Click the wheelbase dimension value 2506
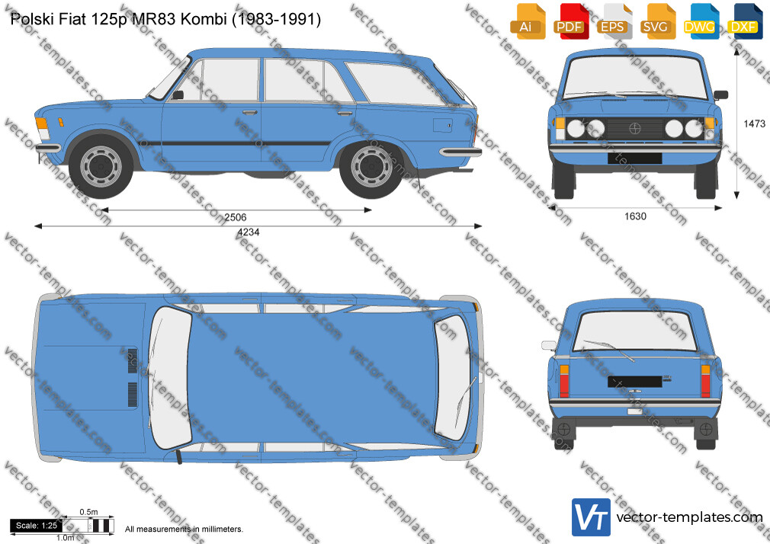click(236, 217)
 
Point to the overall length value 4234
click(248, 232)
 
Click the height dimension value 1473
click(754, 123)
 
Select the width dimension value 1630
click(636, 216)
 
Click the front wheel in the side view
click(101, 166)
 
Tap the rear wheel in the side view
click(372, 166)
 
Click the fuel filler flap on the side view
click(442, 125)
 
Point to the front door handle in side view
click(250, 113)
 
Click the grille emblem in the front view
click(635, 129)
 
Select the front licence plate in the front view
click(634, 158)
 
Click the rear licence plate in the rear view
click(635, 382)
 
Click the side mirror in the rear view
click(548, 345)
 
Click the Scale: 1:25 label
click(37, 526)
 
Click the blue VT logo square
click(591, 517)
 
